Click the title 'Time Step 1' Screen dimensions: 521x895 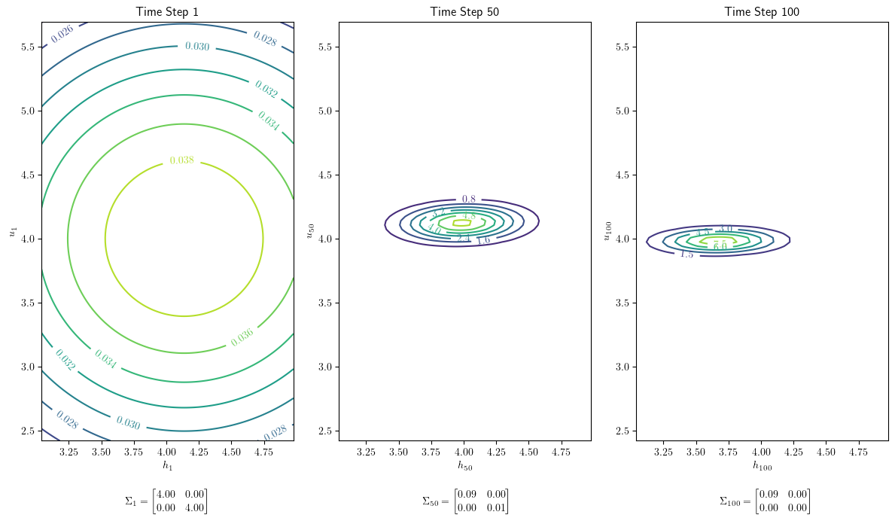tap(167, 11)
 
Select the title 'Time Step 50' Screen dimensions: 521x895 tap(464, 11)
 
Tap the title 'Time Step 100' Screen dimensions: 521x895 tap(762, 11)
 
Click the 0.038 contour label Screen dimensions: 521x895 tap(181, 160)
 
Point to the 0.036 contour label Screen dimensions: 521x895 tap(242, 337)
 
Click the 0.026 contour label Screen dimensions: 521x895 tap(62, 34)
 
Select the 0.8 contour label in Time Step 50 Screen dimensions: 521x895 tap(468, 200)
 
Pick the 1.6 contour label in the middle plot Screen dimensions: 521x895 tap(483, 240)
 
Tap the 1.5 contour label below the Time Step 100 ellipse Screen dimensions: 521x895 tap(686, 254)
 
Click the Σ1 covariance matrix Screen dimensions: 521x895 tap(166, 501)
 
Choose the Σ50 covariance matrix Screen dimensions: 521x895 tap(465, 501)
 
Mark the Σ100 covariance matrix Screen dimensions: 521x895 tap(765, 501)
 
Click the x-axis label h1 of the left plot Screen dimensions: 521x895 tap(167, 466)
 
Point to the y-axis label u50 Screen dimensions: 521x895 tap(309, 230)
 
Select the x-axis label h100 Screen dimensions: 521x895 tap(762, 466)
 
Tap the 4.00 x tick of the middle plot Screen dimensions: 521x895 tap(464, 452)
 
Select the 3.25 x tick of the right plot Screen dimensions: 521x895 tap(663, 452)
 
